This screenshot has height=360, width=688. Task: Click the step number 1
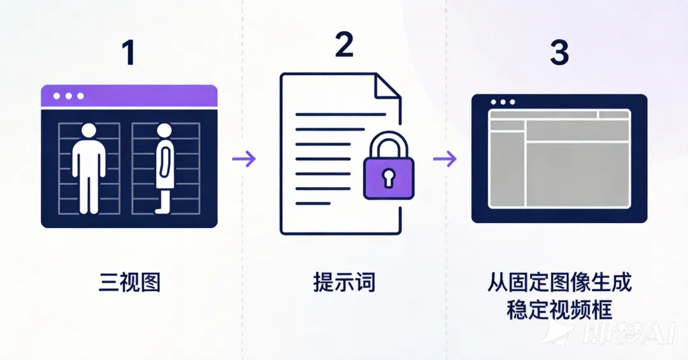point(129,53)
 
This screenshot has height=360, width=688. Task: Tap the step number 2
point(343,45)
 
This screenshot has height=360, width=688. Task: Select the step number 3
point(559,53)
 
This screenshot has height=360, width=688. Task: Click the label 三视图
point(129,282)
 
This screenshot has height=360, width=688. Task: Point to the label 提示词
point(344,282)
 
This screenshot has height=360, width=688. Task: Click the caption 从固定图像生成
point(559,282)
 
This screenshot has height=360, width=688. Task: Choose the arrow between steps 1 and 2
point(244,159)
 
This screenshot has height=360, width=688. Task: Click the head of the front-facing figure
point(89,131)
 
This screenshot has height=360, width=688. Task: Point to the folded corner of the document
point(387,86)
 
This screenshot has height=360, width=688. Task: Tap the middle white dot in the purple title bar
point(68,96)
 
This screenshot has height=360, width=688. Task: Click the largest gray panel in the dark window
point(577,174)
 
